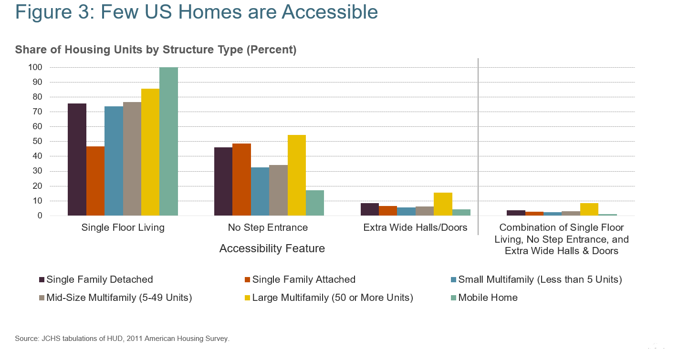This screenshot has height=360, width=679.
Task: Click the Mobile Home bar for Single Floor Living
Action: click(168, 142)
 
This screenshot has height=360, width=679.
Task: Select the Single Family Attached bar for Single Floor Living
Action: click(95, 181)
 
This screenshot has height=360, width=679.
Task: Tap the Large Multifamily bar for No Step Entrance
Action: click(296, 175)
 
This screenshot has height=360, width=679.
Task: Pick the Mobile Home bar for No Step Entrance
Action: click(315, 203)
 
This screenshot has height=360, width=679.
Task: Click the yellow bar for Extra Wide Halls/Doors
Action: click(443, 204)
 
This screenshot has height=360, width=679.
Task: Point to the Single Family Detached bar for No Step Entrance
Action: click(223, 182)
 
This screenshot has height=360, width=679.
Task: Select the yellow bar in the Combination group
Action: click(589, 210)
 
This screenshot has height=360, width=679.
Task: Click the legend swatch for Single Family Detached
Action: click(42, 280)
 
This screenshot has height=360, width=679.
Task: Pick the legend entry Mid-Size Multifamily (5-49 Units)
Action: click(119, 298)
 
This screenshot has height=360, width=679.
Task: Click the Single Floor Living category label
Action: click(123, 227)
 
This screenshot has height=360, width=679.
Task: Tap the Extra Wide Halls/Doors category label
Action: click(415, 227)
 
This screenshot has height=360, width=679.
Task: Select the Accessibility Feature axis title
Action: click(272, 248)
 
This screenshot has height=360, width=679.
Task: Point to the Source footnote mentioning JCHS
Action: click(122, 339)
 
